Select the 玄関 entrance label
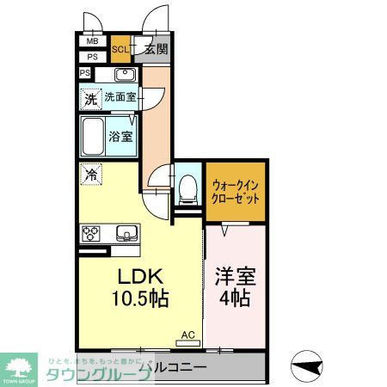(x=156, y=49)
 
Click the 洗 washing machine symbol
(x=90, y=99)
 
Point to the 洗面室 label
(x=120, y=98)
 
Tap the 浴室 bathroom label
(x=120, y=135)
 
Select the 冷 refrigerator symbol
(x=90, y=175)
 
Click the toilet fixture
(x=186, y=188)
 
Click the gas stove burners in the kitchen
(x=92, y=232)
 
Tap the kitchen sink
(x=126, y=232)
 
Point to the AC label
(x=187, y=335)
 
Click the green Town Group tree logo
(x=21, y=364)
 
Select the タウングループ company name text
(x=94, y=372)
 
